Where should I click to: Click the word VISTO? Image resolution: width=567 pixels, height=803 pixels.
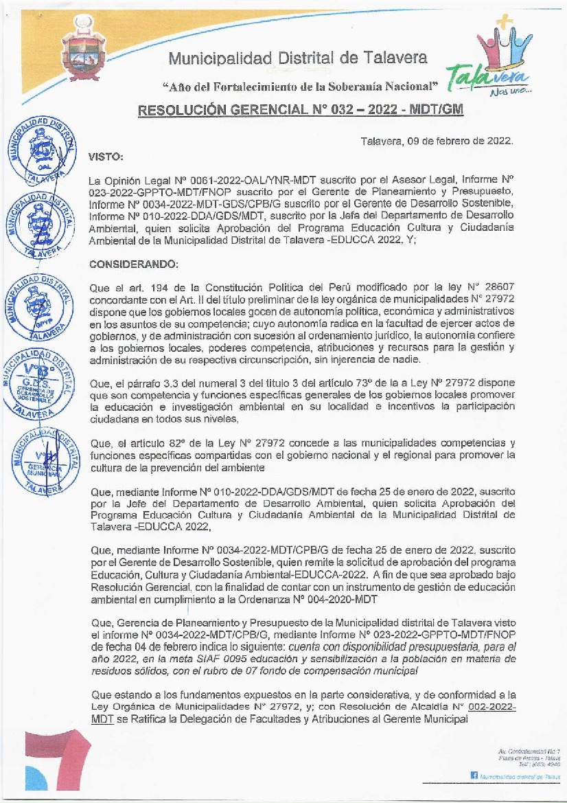point(106,157)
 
